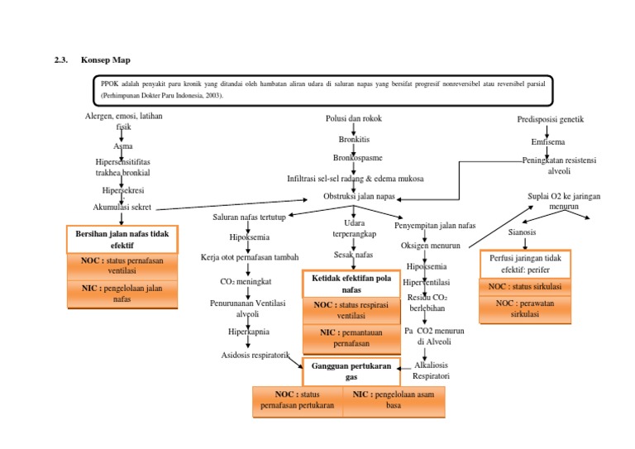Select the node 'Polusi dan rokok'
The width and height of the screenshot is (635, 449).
[x=354, y=119]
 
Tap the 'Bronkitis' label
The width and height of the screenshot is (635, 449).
[x=354, y=139]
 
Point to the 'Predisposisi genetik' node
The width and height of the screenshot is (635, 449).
[x=551, y=119]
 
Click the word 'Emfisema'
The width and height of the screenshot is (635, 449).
[x=548, y=142]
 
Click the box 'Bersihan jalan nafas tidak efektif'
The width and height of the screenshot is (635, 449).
[x=122, y=240]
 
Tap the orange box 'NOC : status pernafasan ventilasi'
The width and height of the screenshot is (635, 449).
[x=122, y=265]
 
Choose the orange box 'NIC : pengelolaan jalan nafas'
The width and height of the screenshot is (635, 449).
[x=122, y=294]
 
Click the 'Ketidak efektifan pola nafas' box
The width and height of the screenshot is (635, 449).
[x=351, y=284]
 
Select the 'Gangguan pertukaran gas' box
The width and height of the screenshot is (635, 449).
[x=351, y=370]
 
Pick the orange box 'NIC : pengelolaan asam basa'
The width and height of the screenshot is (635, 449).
[x=394, y=400]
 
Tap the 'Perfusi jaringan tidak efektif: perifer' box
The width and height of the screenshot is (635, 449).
[x=537, y=264]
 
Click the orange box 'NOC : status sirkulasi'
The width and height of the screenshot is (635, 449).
[x=537, y=287]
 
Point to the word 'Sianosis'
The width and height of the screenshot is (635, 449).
[x=522, y=232]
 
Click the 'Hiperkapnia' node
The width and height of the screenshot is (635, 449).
[x=248, y=332]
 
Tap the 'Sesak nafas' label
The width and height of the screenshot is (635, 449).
[x=353, y=255]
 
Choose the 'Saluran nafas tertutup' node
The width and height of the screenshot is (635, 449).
[x=249, y=217]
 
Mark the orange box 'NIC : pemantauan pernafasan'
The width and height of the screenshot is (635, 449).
[x=351, y=337]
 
